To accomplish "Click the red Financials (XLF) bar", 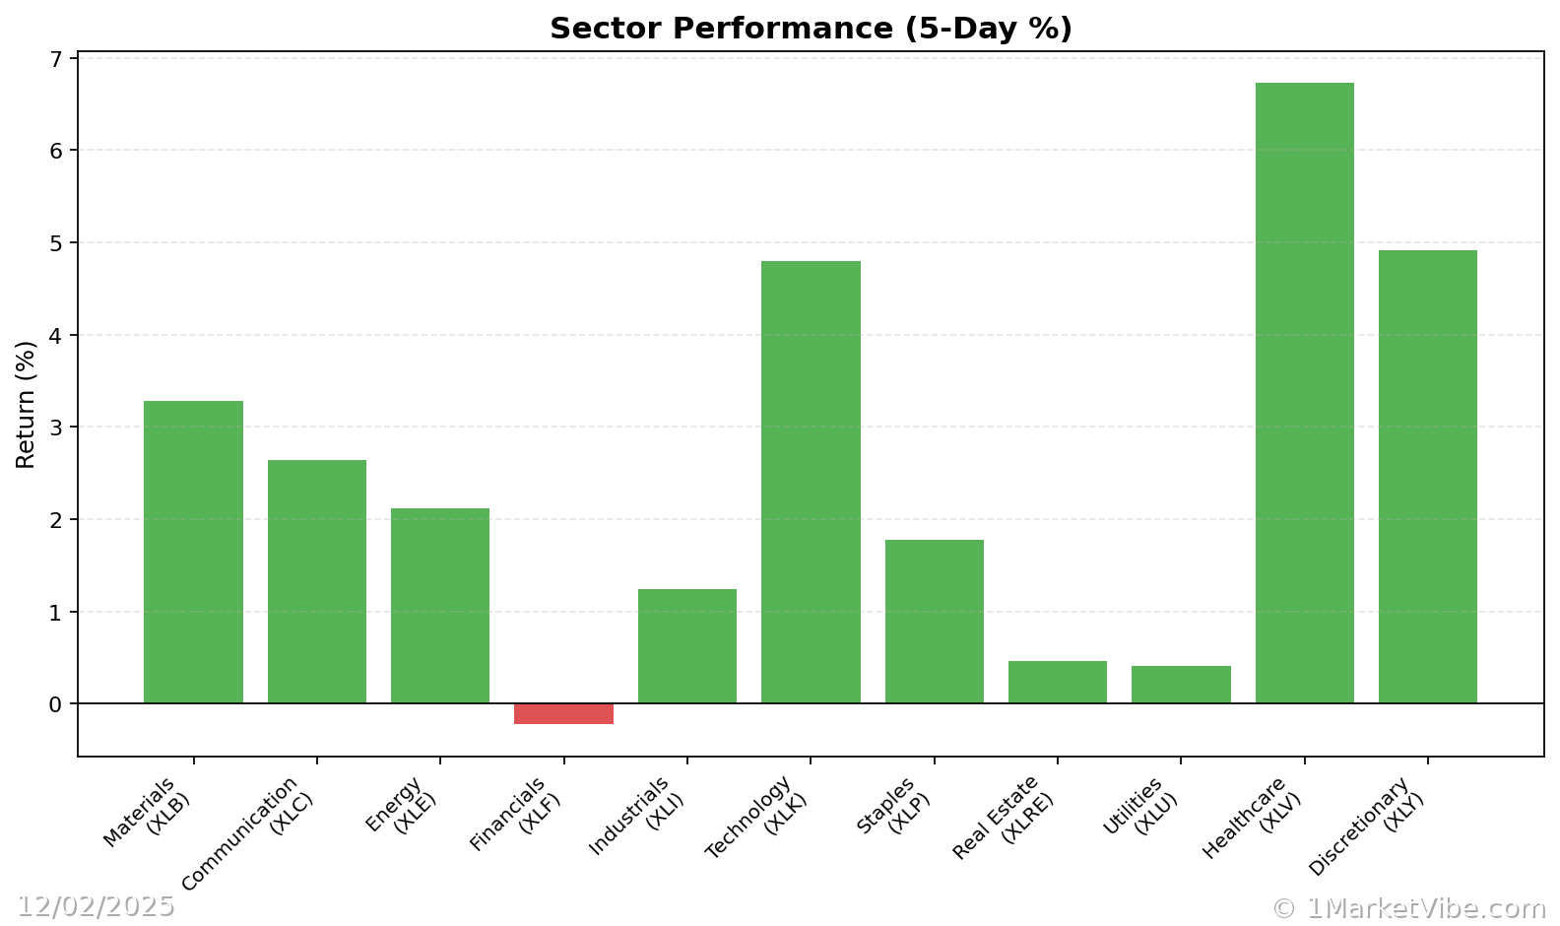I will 563,713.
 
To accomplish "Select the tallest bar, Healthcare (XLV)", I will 1304,394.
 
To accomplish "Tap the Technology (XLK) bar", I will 811,483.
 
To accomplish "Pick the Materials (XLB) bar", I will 193,552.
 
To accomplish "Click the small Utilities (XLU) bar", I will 1181,685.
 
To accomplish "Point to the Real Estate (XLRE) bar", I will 1057,682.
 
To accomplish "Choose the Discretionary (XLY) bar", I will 1427,477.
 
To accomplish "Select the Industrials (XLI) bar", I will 686,646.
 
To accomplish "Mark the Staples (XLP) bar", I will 934,622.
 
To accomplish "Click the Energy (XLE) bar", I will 439,606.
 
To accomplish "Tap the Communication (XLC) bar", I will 316,581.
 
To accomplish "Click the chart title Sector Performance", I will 811,29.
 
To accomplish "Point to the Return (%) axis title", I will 26,404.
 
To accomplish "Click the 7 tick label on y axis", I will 55,59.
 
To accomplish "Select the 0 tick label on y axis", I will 55,704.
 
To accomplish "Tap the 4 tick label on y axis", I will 55,336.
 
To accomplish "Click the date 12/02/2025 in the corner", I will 96,906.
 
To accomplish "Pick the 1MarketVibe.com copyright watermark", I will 1408,908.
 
